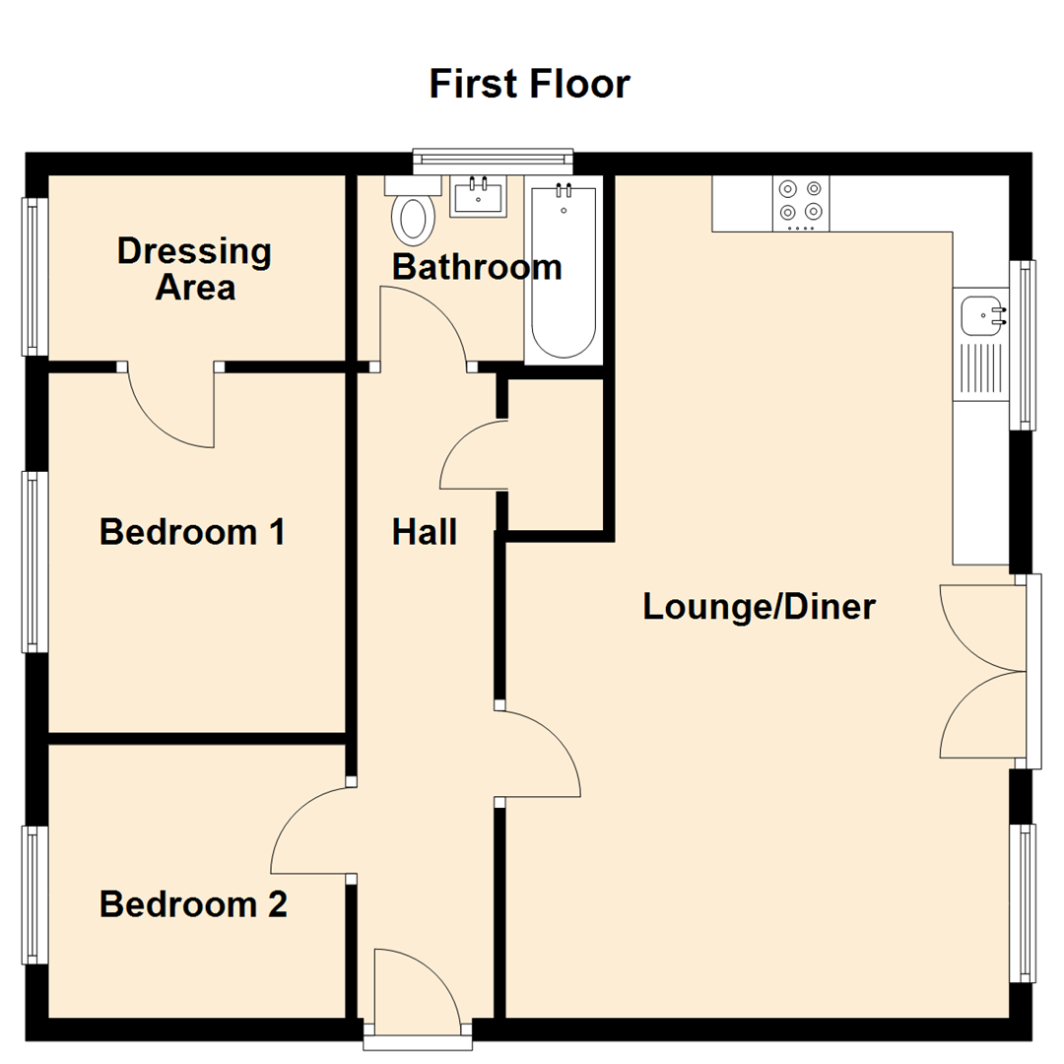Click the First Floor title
[x=529, y=84]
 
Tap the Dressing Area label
[x=193, y=268]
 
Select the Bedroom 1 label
[x=193, y=532]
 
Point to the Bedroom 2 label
[x=193, y=903]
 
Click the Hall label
[x=425, y=532]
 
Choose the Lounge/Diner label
[x=759, y=606]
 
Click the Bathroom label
[x=477, y=266]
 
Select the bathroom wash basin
[x=478, y=196]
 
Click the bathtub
[x=563, y=271]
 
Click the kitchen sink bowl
[x=981, y=314]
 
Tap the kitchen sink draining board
[x=980, y=369]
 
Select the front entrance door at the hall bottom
[x=417, y=990]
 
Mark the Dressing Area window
[x=35, y=276]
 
